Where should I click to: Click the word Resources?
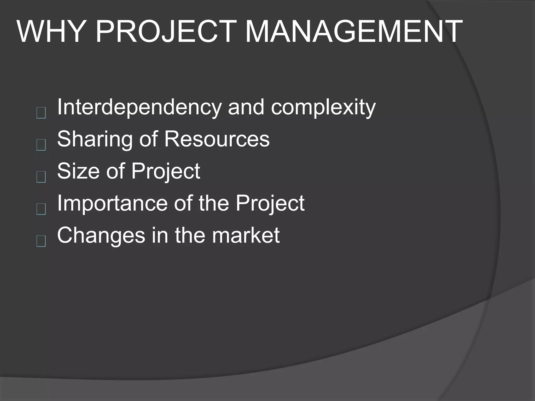pyautogui.click(x=217, y=139)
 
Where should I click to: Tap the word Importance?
pyautogui.click(x=112, y=203)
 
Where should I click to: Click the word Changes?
pyautogui.click(x=101, y=235)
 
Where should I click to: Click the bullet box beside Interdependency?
pyautogui.click(x=41, y=113)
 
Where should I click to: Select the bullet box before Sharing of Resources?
pyautogui.click(x=41, y=145)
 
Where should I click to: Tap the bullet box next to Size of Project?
pyautogui.click(x=41, y=177)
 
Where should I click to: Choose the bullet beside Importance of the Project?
pyautogui.click(x=41, y=209)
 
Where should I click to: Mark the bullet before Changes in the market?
pyautogui.click(x=41, y=241)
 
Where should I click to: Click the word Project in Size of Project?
pyautogui.click(x=166, y=171)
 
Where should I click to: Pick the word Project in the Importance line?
pyautogui.click(x=270, y=204)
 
